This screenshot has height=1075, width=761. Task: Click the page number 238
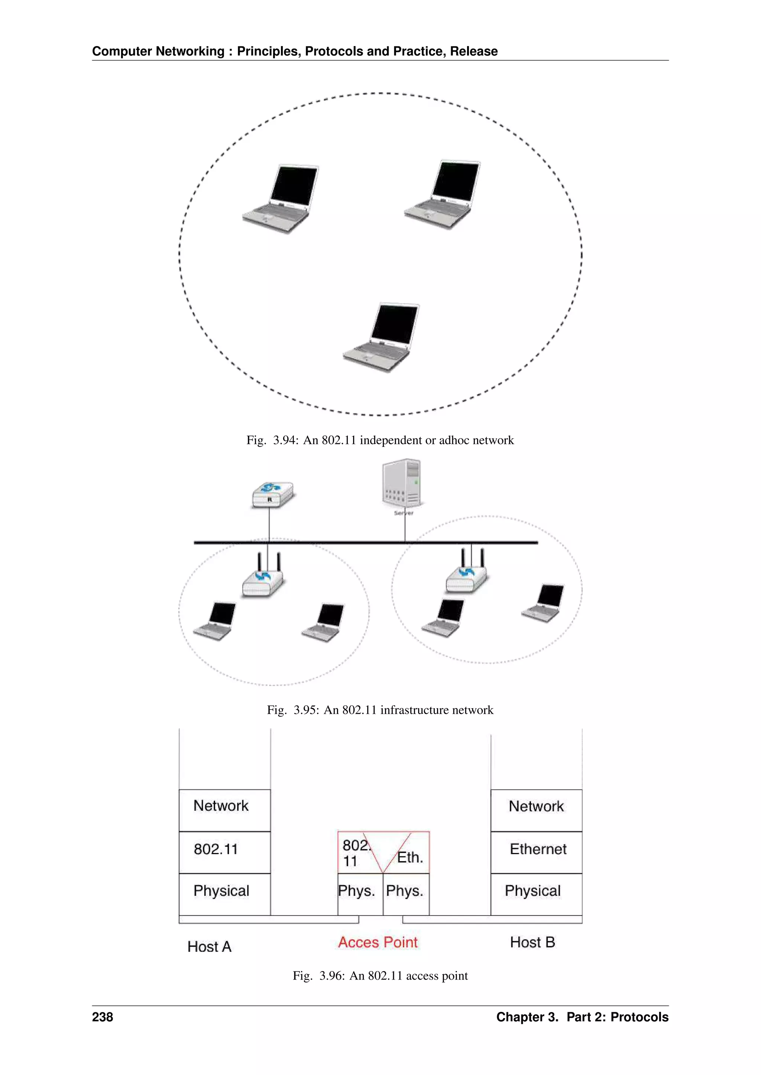pyautogui.click(x=102, y=1017)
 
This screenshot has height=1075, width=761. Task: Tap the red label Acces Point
pyautogui.click(x=378, y=942)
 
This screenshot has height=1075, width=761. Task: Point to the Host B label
pyautogui.click(x=532, y=942)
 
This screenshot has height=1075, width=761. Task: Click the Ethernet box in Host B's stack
pyautogui.click(x=537, y=849)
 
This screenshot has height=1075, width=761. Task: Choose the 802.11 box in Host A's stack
pyautogui.click(x=224, y=849)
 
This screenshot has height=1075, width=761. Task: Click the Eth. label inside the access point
pyautogui.click(x=410, y=857)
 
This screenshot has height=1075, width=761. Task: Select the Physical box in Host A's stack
pyautogui.click(x=224, y=891)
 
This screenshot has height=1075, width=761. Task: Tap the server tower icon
pyautogui.click(x=402, y=483)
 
